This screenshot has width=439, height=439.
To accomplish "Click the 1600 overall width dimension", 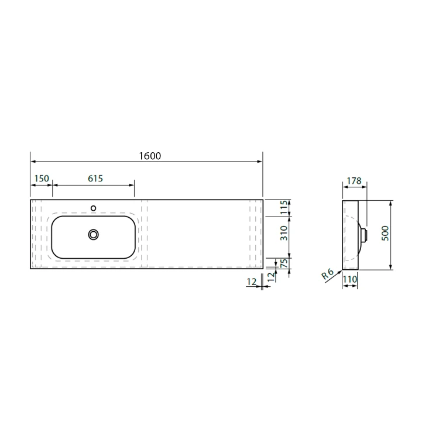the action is click(x=150, y=156).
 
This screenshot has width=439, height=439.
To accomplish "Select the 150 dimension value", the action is click(x=42, y=179).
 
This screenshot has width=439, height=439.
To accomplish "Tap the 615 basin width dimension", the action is click(x=95, y=179).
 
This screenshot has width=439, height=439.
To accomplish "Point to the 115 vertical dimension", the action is click(x=284, y=207).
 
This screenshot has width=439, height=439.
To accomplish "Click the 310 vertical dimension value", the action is click(x=284, y=233).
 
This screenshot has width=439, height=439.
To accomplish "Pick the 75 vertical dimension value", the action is click(x=284, y=263).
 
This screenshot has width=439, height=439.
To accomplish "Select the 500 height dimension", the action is click(x=385, y=233).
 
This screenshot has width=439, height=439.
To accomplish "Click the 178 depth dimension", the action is click(x=354, y=181).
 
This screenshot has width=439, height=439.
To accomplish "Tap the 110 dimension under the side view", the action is click(x=350, y=279).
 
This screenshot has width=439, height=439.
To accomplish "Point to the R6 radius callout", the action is click(x=328, y=274).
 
